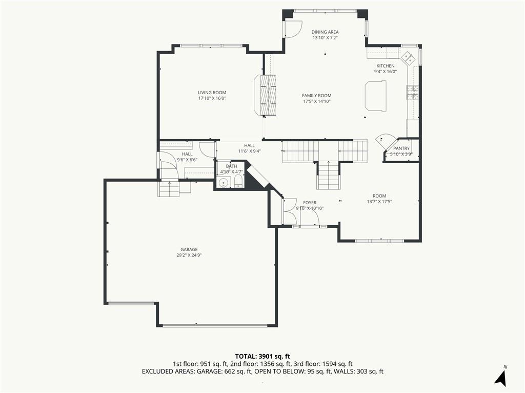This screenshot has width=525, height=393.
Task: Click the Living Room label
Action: (x=212, y=93)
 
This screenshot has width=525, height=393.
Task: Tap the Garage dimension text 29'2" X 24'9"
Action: (x=189, y=255)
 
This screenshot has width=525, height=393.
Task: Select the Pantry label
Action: (x=401, y=148)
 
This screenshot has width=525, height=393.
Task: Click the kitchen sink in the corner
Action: (x=409, y=57)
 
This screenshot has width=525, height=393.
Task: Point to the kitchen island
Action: (x=375, y=96)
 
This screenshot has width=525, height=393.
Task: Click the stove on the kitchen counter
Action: (x=413, y=93)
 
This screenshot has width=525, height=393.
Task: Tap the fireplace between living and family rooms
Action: (x=265, y=95)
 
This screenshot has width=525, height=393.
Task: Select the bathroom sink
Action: (x=224, y=183)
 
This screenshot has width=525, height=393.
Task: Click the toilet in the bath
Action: (x=238, y=182)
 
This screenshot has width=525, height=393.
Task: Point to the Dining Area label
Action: (x=325, y=32)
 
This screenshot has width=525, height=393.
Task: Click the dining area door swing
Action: (x=293, y=29)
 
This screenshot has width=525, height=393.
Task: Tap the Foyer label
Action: (x=310, y=203)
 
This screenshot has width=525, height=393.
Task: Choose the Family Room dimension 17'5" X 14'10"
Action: (x=317, y=101)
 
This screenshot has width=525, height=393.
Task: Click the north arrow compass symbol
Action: (x=501, y=377)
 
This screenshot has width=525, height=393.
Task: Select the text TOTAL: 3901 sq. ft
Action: (x=262, y=356)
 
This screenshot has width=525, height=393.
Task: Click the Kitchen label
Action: (x=386, y=66)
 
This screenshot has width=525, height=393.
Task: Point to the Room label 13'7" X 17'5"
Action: (x=379, y=199)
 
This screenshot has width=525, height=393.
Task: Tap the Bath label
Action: (x=231, y=166)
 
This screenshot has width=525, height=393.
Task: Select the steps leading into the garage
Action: (x=169, y=189)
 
